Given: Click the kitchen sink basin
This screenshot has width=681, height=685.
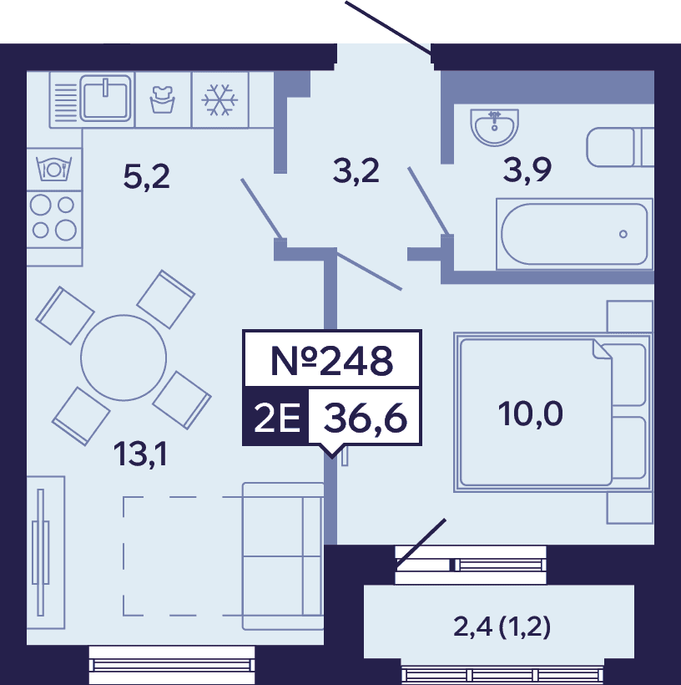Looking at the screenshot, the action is click(x=105, y=99).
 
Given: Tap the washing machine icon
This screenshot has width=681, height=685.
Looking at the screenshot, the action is click(x=163, y=99).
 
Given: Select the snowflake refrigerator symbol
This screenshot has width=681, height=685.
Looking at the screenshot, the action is click(x=219, y=100).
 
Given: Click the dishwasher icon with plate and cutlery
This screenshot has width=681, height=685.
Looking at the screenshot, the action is click(x=53, y=169).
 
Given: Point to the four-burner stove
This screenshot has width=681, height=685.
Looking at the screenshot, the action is click(x=53, y=218).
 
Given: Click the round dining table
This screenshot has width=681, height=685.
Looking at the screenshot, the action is click(x=124, y=358).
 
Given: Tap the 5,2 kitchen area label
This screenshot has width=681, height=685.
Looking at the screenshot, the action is click(x=146, y=177).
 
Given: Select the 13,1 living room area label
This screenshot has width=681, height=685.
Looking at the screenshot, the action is click(x=140, y=454).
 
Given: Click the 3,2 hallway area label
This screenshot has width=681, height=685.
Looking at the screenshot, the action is click(x=356, y=170).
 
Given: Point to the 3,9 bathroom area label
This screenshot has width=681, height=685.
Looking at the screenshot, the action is click(x=527, y=170).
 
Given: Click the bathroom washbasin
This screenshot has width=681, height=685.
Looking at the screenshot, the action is click(x=495, y=127).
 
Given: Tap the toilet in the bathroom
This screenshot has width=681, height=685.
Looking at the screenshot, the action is click(x=620, y=147).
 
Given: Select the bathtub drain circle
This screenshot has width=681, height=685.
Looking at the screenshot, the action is click(x=623, y=234).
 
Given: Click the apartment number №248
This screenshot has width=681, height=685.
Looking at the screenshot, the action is click(x=332, y=360).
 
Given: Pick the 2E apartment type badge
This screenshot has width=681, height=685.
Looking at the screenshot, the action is click(x=277, y=418).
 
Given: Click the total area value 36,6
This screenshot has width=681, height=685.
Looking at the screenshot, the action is click(x=366, y=418).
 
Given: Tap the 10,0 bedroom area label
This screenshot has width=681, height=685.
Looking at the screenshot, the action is click(x=531, y=414).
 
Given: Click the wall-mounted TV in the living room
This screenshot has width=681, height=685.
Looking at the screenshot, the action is click(x=41, y=552).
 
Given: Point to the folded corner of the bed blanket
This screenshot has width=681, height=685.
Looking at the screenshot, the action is click(x=602, y=349).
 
